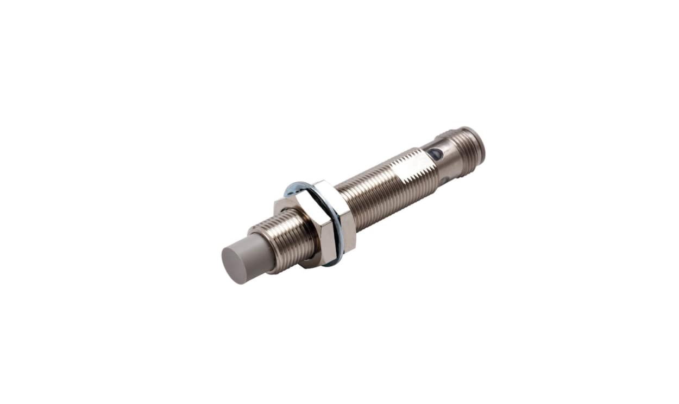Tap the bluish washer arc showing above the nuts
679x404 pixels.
click(296, 188)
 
